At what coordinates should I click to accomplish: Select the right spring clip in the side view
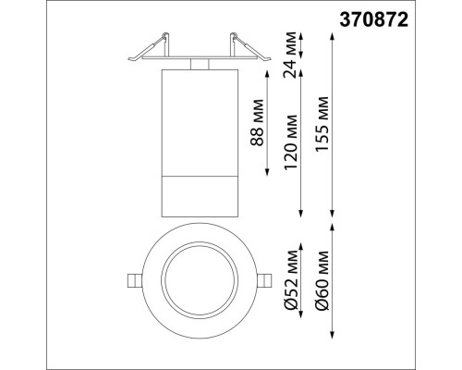tap(242, 46)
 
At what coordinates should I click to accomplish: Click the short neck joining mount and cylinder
tap(199, 64)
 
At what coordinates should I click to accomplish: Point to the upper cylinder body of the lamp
tap(199, 120)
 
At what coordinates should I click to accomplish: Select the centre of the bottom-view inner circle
tap(198, 280)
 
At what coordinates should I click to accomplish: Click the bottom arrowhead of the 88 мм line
tap(269, 173)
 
